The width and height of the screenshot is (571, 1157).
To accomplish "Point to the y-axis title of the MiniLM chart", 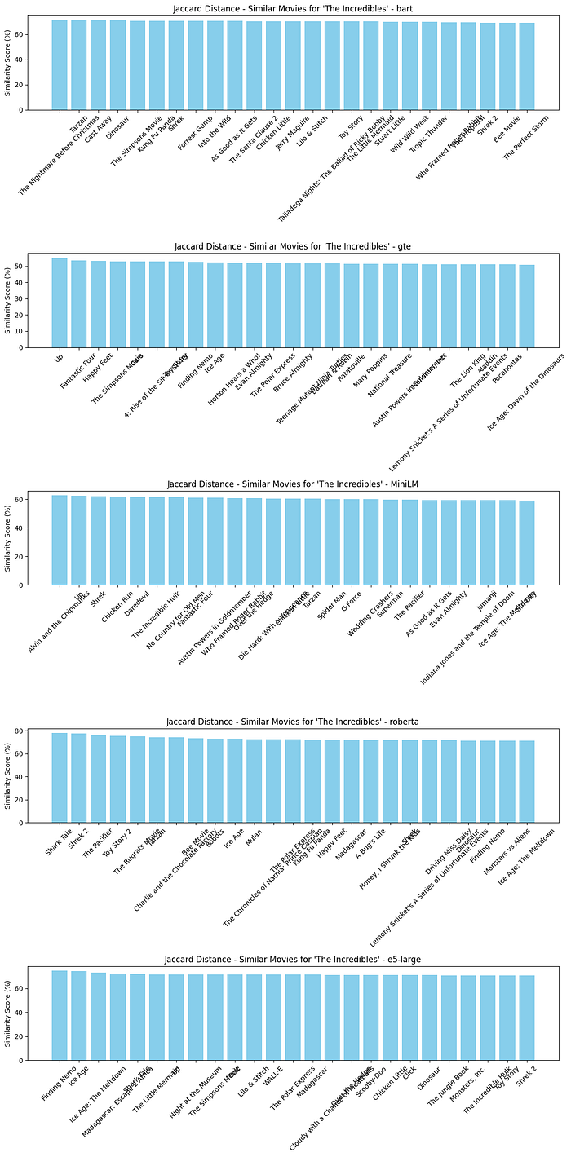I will point(8,538).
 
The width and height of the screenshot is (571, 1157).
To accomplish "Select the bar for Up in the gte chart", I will point(60,302).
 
